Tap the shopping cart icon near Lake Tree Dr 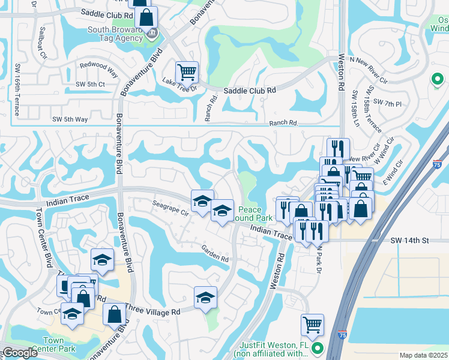[x=187, y=73]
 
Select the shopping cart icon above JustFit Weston [x=312, y=325]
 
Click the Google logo [x=19, y=353]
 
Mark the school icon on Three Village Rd [x=205, y=298]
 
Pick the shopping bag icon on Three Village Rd [x=114, y=314]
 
